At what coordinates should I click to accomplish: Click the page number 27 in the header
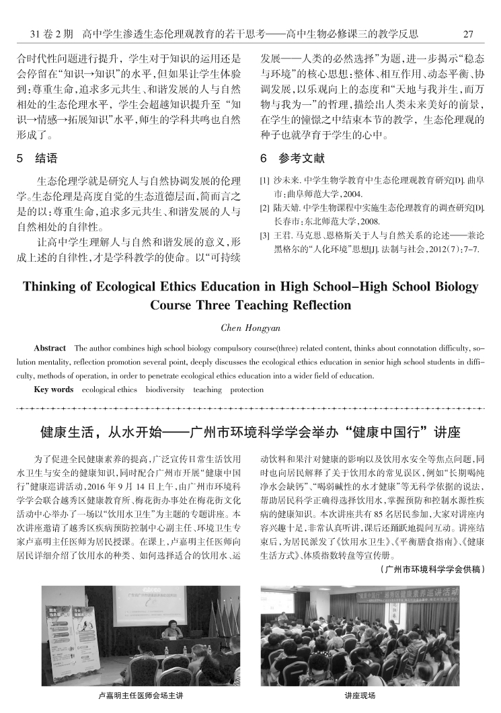tap(469, 32)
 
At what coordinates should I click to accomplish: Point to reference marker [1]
tap(264, 181)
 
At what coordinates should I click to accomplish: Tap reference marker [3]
tap(264, 235)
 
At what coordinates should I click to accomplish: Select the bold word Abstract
tap(50, 348)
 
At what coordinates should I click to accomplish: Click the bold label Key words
tap(54, 389)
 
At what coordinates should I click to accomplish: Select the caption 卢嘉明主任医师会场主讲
tap(141, 696)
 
